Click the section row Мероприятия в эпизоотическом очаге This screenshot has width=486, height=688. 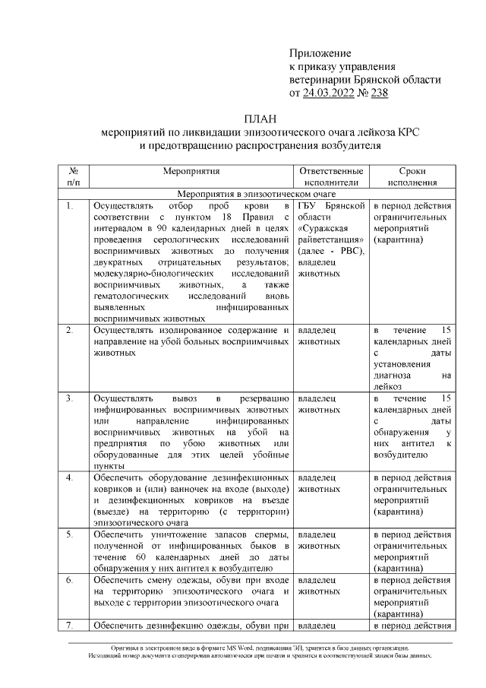(x=261, y=194)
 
